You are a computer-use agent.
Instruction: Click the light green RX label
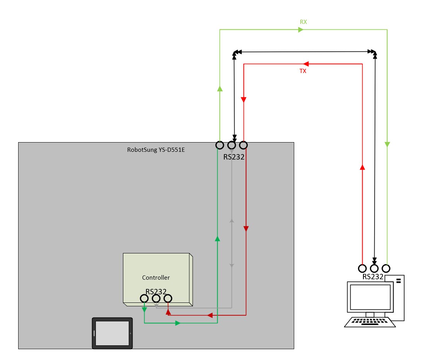pyautogui.click(x=303, y=22)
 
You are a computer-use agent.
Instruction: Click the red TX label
pyautogui.click(x=303, y=71)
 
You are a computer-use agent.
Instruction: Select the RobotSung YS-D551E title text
pyautogui.click(x=156, y=150)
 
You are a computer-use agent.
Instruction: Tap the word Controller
pyautogui.click(x=156, y=278)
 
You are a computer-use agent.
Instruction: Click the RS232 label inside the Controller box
pyautogui.click(x=156, y=291)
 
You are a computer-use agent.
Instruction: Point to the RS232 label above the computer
pyautogui.click(x=373, y=277)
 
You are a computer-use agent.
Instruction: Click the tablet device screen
pyautogui.click(x=112, y=333)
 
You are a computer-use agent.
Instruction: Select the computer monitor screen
pyautogui.click(x=370, y=297)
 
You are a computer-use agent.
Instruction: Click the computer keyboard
pyautogui.click(x=370, y=322)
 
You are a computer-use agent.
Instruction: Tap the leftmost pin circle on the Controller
pyautogui.click(x=144, y=298)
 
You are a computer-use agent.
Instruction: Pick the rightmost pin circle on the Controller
pyautogui.click(x=168, y=298)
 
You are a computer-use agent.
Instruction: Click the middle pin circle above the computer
pyautogui.click(x=374, y=268)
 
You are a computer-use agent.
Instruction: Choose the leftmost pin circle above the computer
pyautogui.click(x=363, y=268)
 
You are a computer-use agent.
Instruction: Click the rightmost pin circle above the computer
pyautogui.click(x=386, y=268)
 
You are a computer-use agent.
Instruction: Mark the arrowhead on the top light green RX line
pyautogui.click(x=301, y=29)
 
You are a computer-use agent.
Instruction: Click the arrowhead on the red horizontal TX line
pyautogui.click(x=306, y=64)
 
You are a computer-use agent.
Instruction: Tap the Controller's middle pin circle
pyautogui.click(x=156, y=298)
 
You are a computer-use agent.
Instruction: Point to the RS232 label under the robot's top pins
pyautogui.click(x=234, y=157)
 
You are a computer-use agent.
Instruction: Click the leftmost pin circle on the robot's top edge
pyautogui.click(x=220, y=145)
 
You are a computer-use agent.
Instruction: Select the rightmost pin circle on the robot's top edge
pyautogui.click(x=244, y=145)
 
